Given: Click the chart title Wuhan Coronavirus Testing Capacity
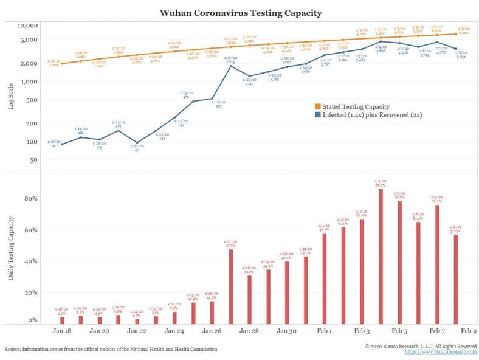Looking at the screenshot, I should (x=240, y=12).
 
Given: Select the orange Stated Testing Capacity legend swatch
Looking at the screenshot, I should (x=317, y=107).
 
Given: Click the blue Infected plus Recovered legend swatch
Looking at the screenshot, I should (x=317, y=114).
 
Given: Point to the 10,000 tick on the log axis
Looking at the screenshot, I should (x=28, y=26).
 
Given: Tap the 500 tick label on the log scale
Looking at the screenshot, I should (x=32, y=100).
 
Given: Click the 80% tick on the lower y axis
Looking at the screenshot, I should (x=30, y=199).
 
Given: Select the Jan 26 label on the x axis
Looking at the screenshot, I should (x=211, y=331).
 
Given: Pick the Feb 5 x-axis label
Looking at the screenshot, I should (x=399, y=331).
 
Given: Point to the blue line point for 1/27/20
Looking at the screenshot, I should (x=230, y=66).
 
